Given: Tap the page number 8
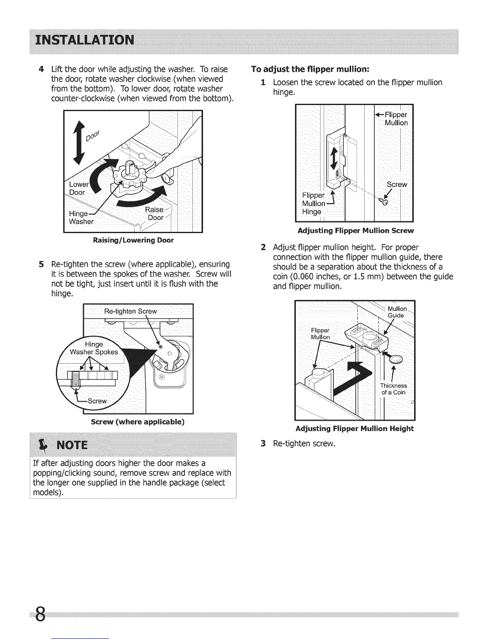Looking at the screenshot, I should (x=40, y=616).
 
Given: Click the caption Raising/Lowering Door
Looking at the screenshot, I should (x=133, y=240).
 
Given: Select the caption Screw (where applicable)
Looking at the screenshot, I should (x=138, y=422).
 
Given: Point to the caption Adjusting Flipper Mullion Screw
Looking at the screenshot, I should (x=355, y=231).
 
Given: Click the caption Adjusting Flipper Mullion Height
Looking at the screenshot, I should (x=355, y=429).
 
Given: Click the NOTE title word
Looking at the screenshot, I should (x=73, y=446).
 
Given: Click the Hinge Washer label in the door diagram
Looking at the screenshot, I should (x=81, y=218).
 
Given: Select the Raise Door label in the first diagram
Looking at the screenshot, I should (x=155, y=214).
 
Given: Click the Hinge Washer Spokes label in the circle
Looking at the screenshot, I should (x=94, y=348).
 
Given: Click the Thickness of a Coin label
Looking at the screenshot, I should (x=393, y=389).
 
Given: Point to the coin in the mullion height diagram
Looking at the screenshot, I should (x=396, y=359).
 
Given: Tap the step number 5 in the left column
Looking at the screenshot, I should (x=41, y=264).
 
